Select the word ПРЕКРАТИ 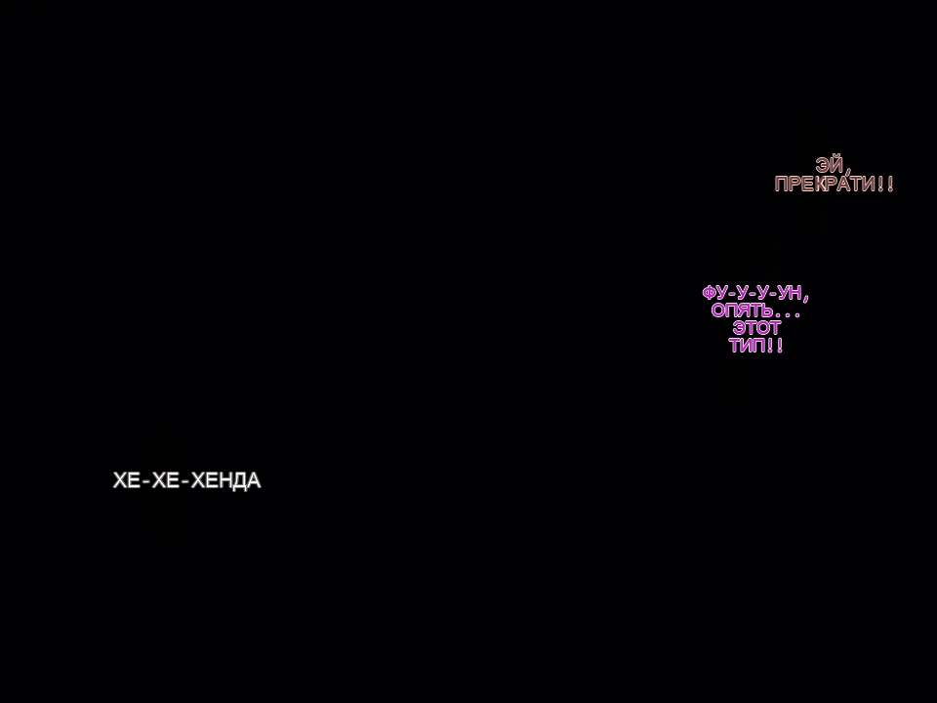825,184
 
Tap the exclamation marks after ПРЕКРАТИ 885,184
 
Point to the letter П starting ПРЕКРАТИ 781,184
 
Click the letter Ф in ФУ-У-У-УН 710,293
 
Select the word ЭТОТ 756,328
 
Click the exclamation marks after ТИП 775,345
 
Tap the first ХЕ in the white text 127,480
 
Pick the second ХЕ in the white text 166,480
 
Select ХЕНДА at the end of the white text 225,480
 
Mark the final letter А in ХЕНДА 254,480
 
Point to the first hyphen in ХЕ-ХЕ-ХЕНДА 146,482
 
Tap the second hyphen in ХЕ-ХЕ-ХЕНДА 185,482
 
